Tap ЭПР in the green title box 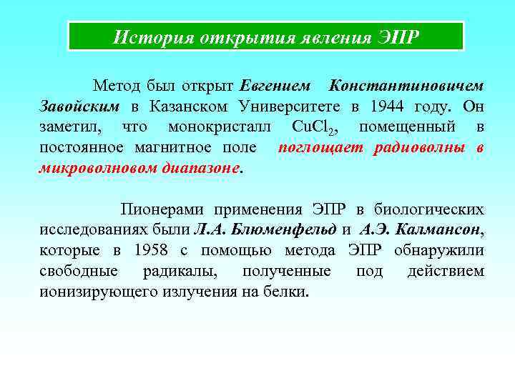(396, 36)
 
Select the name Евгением (275, 86)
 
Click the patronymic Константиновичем (406, 86)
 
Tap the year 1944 (387, 107)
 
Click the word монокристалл (219, 128)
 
